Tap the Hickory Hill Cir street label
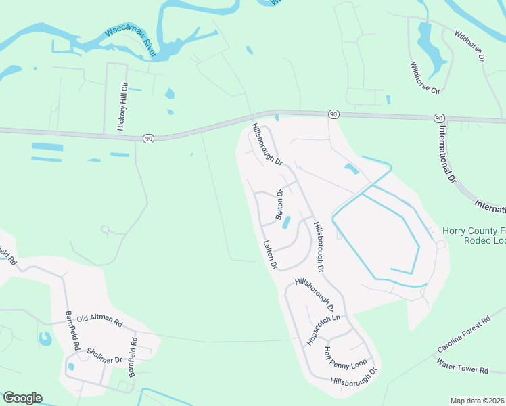coord(122,107)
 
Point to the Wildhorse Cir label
coord(425,78)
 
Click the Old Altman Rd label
coord(99,318)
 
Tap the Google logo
coord(22,398)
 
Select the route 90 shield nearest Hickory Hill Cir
coord(148,138)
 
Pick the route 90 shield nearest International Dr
coord(440,118)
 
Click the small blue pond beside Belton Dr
coord(285,222)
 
